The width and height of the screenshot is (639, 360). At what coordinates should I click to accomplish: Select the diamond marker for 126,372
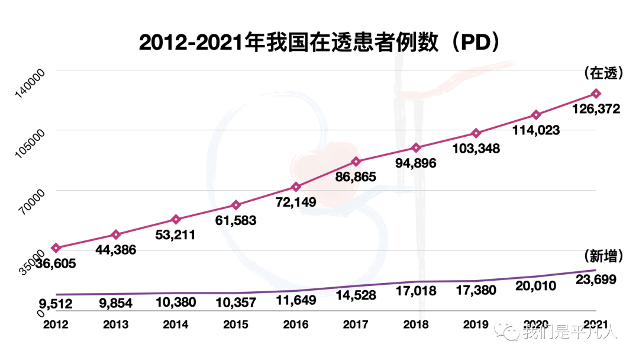pos(596,94)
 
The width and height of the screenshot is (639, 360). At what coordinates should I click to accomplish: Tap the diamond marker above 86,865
pos(356,162)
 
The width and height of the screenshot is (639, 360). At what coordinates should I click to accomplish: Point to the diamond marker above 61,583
pos(235,205)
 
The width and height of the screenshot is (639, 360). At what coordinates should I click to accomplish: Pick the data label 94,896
pos(415,163)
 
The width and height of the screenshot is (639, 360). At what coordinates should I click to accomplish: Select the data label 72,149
pos(295,202)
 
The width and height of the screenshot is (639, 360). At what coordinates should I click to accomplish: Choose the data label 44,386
pos(115,249)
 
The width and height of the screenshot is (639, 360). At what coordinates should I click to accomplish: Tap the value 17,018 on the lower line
pos(416,291)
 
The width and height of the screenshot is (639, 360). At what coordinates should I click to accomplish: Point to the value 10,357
pos(235,303)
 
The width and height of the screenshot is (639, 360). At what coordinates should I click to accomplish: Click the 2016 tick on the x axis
pos(295,324)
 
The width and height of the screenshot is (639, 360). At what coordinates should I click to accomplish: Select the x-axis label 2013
pos(115,324)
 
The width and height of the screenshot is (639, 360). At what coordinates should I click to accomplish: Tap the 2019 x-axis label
pos(476,324)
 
